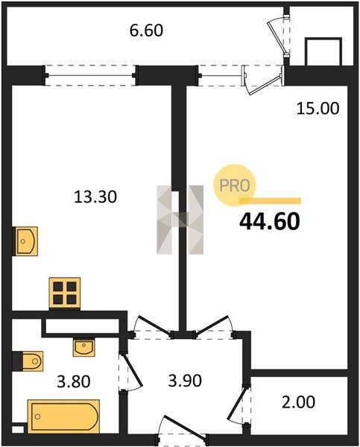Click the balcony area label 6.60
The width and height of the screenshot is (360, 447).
tap(146, 31)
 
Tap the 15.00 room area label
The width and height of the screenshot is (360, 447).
tap(318, 109)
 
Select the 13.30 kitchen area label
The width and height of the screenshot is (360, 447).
tap(95, 197)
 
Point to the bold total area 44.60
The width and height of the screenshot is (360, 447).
tap(270, 222)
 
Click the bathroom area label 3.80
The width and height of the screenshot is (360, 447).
tap(74, 381)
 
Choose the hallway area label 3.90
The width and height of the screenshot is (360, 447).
tap(185, 380)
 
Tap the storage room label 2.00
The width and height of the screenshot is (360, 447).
tap(298, 402)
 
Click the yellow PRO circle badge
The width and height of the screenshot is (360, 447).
tap(235, 186)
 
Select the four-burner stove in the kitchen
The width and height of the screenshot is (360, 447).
tap(65, 294)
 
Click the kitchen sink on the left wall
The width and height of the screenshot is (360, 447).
tap(25, 241)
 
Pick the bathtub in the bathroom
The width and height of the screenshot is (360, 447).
tap(63, 416)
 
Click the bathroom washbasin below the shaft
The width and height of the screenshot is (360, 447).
tap(83, 347)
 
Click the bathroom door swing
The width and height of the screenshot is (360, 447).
tap(130, 372)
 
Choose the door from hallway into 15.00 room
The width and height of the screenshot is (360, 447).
tap(214, 327)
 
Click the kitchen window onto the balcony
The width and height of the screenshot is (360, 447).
tap(90, 75)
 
